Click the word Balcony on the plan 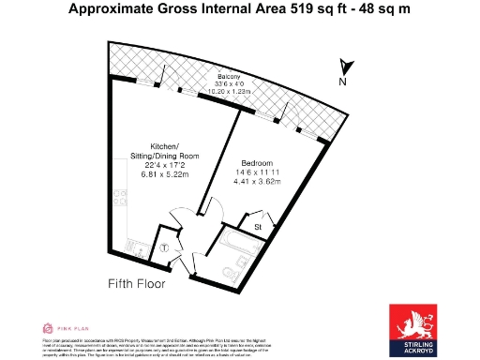pyautogui.click(x=229, y=76)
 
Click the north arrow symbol pyautogui.click(x=346, y=67)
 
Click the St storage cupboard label pyautogui.click(x=257, y=227)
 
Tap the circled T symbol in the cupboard pyautogui.click(x=165, y=248)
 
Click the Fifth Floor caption pyautogui.click(x=137, y=283)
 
